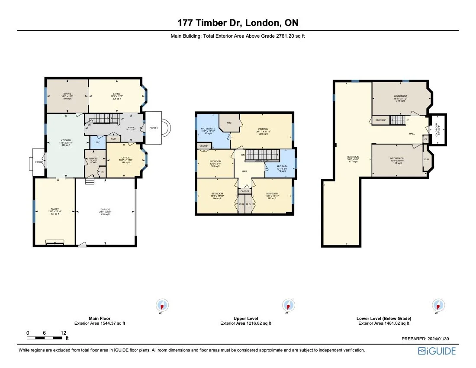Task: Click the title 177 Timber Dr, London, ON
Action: coord(238,23)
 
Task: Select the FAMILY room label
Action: coord(54,209)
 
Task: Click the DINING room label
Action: coord(67,94)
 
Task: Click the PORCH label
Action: coord(153,128)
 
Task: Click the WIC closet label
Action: coord(229,123)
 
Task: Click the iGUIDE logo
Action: coord(437,351)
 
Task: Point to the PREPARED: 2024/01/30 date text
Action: coord(429,339)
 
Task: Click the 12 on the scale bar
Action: coord(63,332)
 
